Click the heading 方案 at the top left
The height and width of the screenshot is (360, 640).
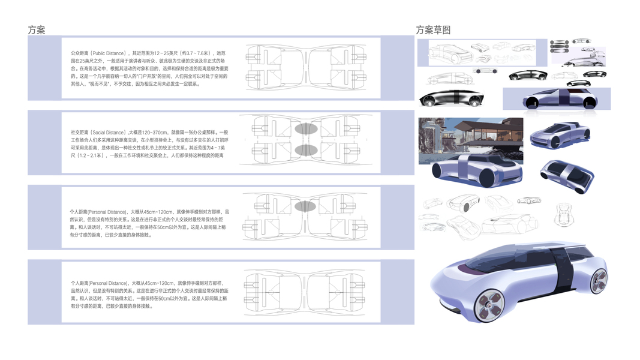click(36, 30)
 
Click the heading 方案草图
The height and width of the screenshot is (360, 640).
click(433, 30)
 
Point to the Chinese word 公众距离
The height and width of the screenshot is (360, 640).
click(79, 53)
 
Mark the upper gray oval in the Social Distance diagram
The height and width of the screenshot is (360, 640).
click(305, 128)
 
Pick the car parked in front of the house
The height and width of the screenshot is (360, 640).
click(477, 169)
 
